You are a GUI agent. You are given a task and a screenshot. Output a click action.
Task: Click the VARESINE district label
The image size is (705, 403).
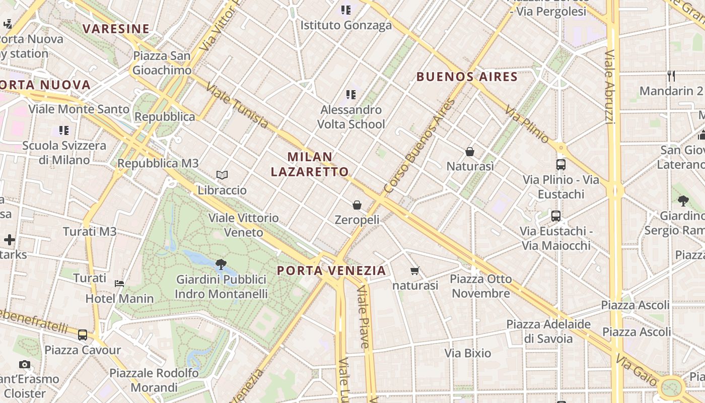pyautogui.click(x=116, y=29)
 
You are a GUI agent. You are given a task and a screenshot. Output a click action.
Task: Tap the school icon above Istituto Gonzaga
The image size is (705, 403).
pyautogui.click(x=345, y=10)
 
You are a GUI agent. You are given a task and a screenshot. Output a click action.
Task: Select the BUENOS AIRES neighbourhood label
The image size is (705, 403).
pyautogui.click(x=467, y=77)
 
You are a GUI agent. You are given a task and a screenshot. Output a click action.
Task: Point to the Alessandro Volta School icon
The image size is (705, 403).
pyautogui.click(x=351, y=94)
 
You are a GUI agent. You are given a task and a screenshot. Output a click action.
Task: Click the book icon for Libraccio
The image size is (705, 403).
pyautogui.click(x=222, y=175)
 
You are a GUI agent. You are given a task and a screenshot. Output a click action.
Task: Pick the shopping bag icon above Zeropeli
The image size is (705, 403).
pyautogui.click(x=357, y=205)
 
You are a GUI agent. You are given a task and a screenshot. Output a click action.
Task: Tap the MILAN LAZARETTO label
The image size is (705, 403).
pyautogui.click(x=310, y=164)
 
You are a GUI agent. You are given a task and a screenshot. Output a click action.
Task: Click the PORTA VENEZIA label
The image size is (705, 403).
pyautogui.click(x=331, y=271)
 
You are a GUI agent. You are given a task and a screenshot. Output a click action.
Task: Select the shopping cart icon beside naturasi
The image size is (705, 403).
pyautogui.click(x=415, y=271)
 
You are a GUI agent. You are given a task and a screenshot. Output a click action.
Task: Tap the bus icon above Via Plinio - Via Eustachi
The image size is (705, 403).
pyautogui.click(x=560, y=164)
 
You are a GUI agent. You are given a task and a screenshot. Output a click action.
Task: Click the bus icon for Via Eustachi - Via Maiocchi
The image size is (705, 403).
pyautogui.click(x=556, y=216)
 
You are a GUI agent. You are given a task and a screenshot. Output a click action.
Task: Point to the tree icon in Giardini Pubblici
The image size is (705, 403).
pyautogui.click(x=221, y=264)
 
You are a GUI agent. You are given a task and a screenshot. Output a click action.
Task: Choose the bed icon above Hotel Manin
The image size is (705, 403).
pyautogui.click(x=119, y=283)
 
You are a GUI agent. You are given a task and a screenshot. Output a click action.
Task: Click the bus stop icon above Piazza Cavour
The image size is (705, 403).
pyautogui.click(x=83, y=334)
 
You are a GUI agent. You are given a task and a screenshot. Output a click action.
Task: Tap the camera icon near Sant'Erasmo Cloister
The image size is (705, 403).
pyautogui.click(x=24, y=364)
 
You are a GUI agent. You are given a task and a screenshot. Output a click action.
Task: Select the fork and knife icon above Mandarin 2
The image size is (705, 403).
pyautogui.click(x=671, y=76)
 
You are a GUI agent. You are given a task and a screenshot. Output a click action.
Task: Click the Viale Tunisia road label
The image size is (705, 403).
pyautogui.click(x=237, y=106)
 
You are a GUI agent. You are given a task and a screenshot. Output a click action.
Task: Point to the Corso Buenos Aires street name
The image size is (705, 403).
pyautogui.click(x=419, y=147)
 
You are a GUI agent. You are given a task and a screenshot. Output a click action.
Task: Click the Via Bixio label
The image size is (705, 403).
pyautogui.click(x=467, y=353)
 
